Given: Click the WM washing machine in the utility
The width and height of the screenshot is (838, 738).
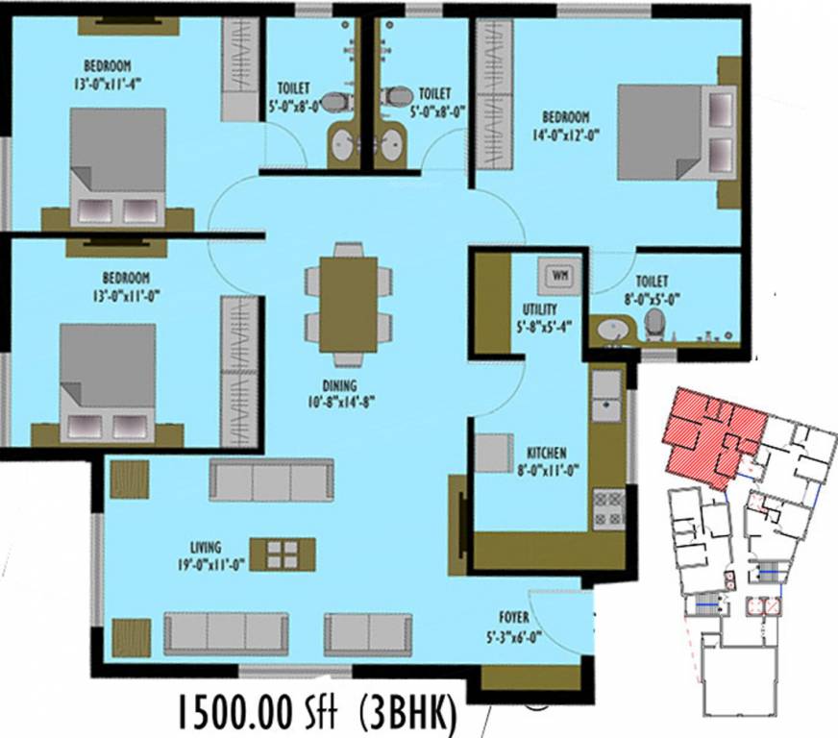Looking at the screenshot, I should pos(558,276).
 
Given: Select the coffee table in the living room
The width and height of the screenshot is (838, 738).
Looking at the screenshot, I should pos(283,553).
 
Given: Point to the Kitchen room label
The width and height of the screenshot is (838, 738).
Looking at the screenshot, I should pos(546,453).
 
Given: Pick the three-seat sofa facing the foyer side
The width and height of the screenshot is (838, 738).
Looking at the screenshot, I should pos(226,633).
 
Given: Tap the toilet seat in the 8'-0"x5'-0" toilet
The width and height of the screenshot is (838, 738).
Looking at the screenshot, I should pos(654,324).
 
